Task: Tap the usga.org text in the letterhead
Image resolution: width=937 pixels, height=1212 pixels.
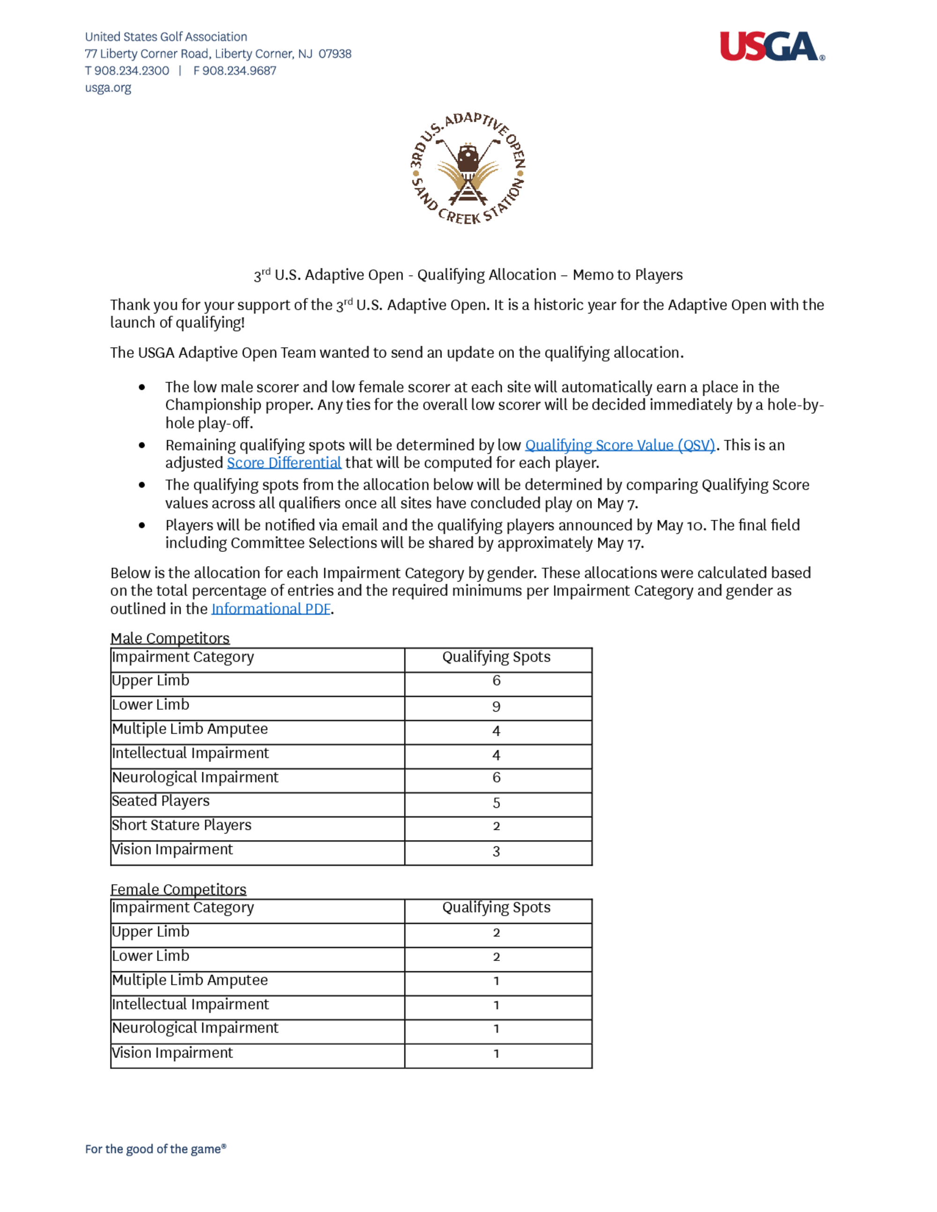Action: (x=108, y=88)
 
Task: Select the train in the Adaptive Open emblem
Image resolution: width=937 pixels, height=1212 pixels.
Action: (x=468, y=159)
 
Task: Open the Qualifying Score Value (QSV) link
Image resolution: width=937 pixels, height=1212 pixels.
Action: (x=619, y=445)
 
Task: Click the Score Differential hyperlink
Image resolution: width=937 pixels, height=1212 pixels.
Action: (x=283, y=463)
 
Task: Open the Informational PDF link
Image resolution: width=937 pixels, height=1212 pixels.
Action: (x=271, y=609)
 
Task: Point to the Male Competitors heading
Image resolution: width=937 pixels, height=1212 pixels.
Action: (x=170, y=638)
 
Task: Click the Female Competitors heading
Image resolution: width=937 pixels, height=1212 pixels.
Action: (x=178, y=890)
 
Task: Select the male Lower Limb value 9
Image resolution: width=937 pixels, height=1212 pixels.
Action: (x=496, y=706)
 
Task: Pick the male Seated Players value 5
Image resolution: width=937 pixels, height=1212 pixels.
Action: (x=496, y=802)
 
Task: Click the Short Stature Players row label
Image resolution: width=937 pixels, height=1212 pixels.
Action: (x=181, y=825)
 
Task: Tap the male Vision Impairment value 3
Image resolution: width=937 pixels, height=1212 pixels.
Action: (x=496, y=851)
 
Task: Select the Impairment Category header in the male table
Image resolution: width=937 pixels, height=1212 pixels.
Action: (x=183, y=657)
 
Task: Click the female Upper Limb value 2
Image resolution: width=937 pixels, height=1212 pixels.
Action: (x=496, y=933)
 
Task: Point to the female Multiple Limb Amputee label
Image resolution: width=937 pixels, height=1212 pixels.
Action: (x=190, y=980)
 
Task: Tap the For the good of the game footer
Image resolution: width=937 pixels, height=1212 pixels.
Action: (x=156, y=1149)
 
